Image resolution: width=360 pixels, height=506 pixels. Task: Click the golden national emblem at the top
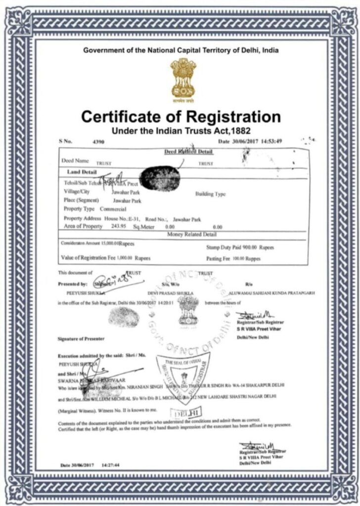(x=182, y=78)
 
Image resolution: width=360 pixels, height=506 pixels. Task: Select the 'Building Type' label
(x=211, y=194)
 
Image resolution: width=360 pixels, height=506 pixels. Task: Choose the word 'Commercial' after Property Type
(x=113, y=209)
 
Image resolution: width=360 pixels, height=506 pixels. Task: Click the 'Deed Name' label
(x=75, y=161)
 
